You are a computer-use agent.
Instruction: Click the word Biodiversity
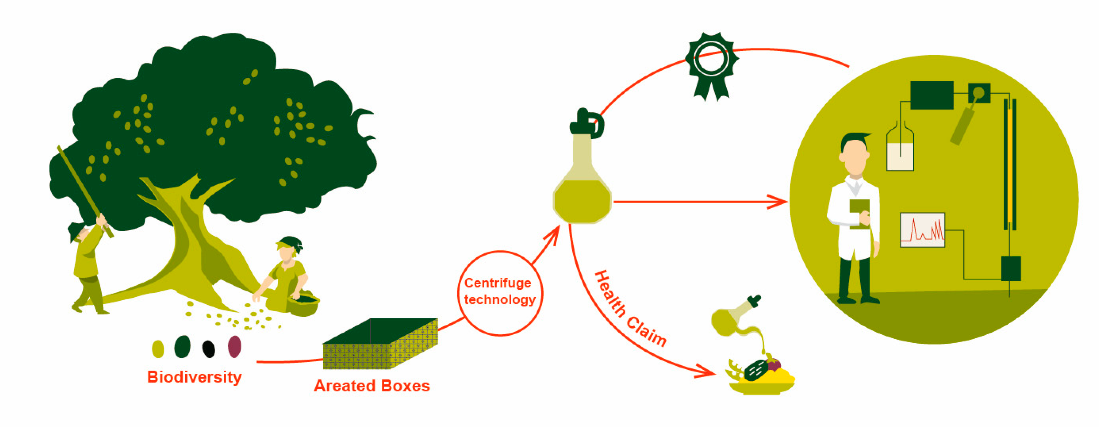pyautogui.click(x=194, y=377)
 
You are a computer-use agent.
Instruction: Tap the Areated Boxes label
pyautogui.click(x=372, y=386)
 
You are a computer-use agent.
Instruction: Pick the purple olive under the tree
pyautogui.click(x=235, y=346)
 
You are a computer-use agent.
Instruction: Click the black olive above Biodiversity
pyautogui.click(x=209, y=349)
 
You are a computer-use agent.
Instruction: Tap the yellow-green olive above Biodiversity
pyautogui.click(x=158, y=349)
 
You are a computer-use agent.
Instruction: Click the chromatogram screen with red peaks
pyautogui.click(x=922, y=230)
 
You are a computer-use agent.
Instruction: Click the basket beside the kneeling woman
pyautogui.click(x=303, y=305)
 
